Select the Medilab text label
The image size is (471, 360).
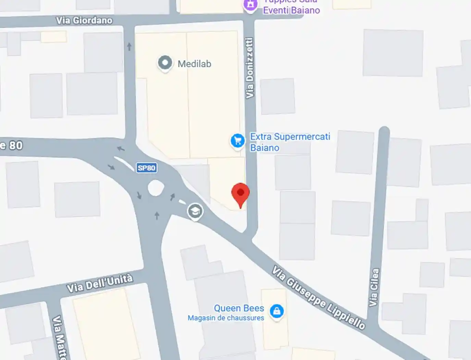pyautogui.click(x=194, y=64)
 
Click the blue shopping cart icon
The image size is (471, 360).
pyautogui.click(x=237, y=141)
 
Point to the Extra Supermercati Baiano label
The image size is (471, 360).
pyautogui.click(x=290, y=142)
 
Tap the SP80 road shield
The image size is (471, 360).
pyautogui.click(x=146, y=168)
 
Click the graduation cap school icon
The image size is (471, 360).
pyautogui.click(x=195, y=211)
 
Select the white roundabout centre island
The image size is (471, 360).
pyautogui.click(x=156, y=188)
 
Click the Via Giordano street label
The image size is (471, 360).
pyautogui.click(x=84, y=21)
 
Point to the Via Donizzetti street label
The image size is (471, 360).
pyautogui.click(x=250, y=68)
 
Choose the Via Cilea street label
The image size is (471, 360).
pyautogui.click(x=374, y=287)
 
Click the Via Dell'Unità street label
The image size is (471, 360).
pyautogui.click(x=100, y=283)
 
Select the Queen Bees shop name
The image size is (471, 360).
pyautogui.click(x=239, y=308)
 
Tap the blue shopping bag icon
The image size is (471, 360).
pyautogui.click(x=277, y=311)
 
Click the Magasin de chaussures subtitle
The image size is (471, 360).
pyautogui.click(x=226, y=318)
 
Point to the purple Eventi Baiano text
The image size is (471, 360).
pyautogui.click(x=292, y=10)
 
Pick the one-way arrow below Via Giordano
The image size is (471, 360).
pyautogui.click(x=129, y=46)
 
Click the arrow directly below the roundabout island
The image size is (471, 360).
pyautogui.click(x=157, y=215)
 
